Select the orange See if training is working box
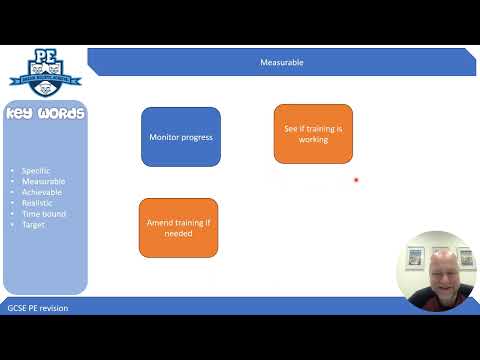(313, 133)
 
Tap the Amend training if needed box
(178, 227)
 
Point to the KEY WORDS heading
(45, 113)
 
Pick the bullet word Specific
(37, 171)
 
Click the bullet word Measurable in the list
(43, 182)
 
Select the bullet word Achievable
(43, 192)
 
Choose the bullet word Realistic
(39, 203)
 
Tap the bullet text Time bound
(43, 214)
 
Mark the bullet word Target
(34, 225)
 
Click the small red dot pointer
(356, 181)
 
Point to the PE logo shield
(44, 70)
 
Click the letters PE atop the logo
(44, 55)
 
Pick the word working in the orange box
(313, 140)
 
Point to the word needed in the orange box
(178, 233)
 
